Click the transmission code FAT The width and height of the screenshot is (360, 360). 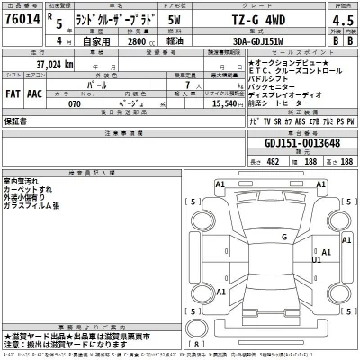pyautogui.click(x=14, y=92)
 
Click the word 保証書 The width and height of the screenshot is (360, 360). pyautogui.click(x=15, y=120)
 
